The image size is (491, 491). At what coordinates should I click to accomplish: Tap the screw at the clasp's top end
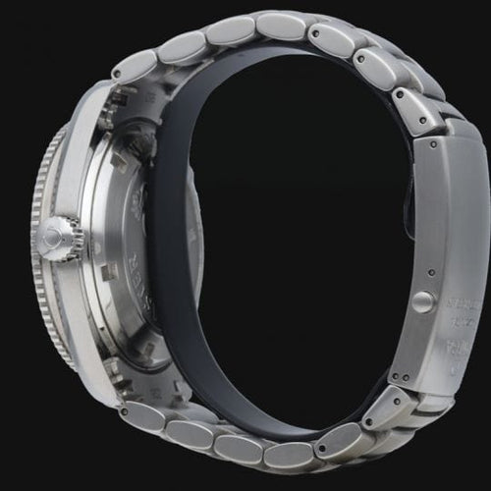click(432, 147)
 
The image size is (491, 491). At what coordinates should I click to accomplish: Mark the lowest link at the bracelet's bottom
click(285, 455)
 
